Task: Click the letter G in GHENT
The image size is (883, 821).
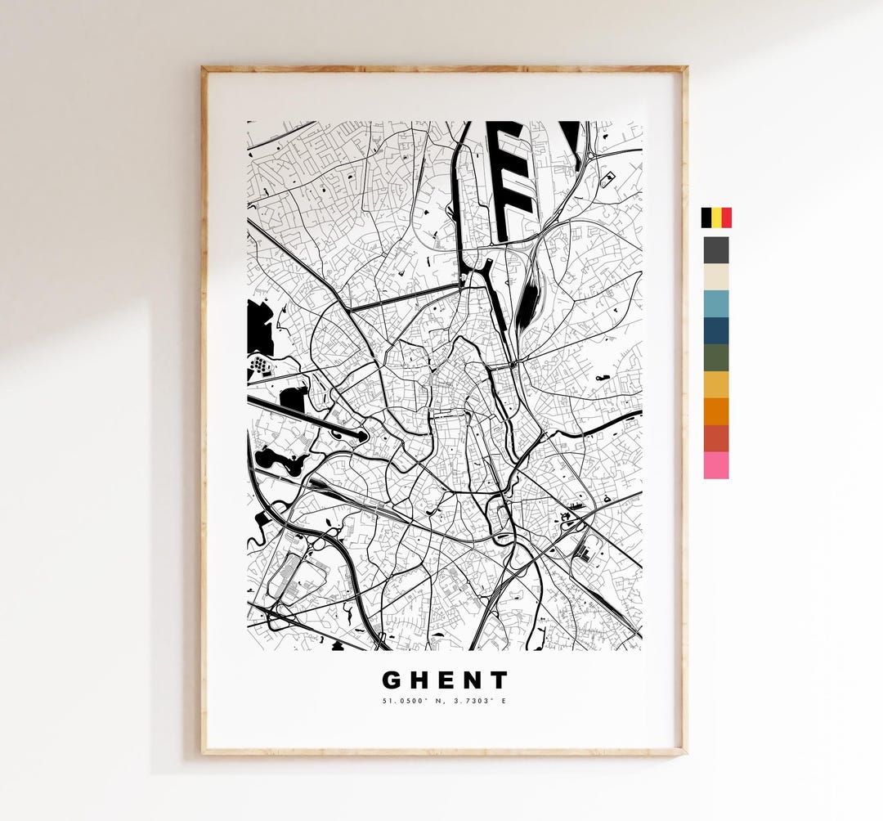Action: point(392,680)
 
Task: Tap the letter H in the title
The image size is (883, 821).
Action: point(419,680)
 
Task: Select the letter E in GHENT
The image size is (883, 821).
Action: point(446,680)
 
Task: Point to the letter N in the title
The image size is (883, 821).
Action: point(473,680)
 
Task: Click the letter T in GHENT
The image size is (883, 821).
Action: point(499,680)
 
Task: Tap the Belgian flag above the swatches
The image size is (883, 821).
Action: point(716,218)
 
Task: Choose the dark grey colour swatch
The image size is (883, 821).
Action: point(716,250)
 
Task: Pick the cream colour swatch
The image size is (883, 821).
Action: point(716,277)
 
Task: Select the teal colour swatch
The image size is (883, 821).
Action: point(716,303)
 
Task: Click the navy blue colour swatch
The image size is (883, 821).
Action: point(716,330)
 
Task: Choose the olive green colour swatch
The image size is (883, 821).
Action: point(716,357)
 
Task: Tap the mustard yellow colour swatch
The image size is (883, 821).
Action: point(716,384)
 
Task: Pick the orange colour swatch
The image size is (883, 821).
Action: point(716,410)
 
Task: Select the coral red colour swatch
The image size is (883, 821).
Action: point(716,437)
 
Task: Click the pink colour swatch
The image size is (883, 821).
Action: point(716,464)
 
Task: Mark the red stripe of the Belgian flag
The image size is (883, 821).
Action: point(727,218)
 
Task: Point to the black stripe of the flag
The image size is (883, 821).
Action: point(706,218)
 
